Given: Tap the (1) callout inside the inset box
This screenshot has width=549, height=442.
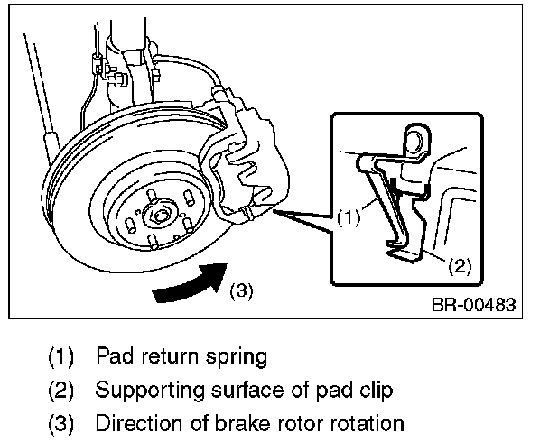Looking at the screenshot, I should [349, 217].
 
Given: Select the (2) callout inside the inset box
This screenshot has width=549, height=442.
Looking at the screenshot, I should [461, 265].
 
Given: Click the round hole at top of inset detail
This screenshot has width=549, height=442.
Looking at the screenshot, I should [416, 141].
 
